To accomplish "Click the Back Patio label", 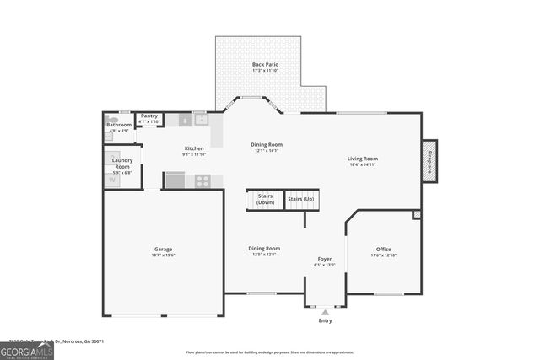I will [x=265, y=64].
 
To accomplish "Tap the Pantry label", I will [x=148, y=116].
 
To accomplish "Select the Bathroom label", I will [x=118, y=125].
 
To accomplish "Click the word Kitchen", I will [x=194, y=148].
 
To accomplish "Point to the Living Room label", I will [x=363, y=159].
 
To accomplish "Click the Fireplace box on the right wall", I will [x=429, y=161].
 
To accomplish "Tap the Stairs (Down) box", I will [x=265, y=200].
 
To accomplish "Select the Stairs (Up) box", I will [x=300, y=199].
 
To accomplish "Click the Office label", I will [x=383, y=249].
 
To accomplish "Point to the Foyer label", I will [x=324, y=258].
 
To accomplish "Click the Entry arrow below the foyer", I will [x=325, y=310].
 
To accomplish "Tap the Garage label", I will [x=163, y=249].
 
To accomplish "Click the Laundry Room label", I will [x=122, y=163].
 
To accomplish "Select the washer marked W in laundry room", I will [x=113, y=180].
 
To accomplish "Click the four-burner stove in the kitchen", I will [x=203, y=180].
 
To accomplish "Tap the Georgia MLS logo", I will [x=27, y=349].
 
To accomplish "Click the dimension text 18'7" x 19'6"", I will [x=163, y=255].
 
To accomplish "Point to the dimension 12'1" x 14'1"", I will [x=266, y=151].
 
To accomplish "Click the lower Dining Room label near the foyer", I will [x=264, y=248].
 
